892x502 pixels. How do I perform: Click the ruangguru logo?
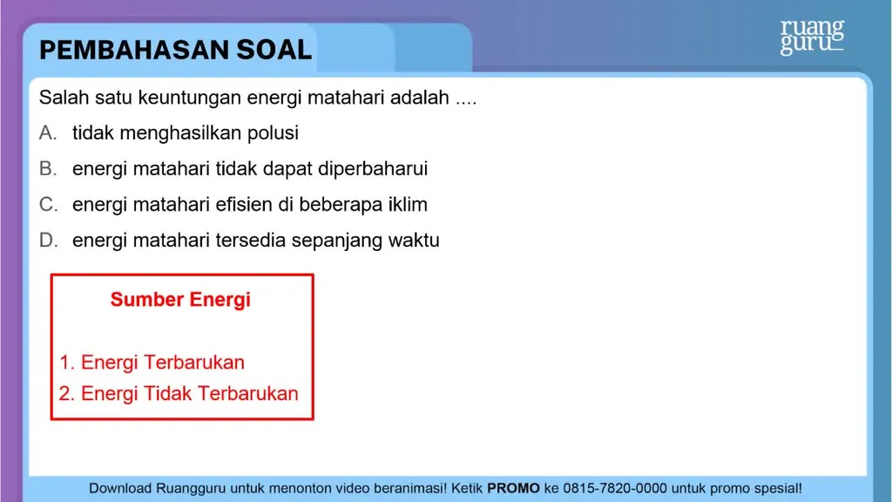(813, 37)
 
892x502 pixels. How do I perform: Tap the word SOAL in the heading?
(274, 50)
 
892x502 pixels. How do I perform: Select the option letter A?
(47, 133)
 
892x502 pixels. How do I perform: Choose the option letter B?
(47, 169)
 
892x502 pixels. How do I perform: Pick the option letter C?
(48, 204)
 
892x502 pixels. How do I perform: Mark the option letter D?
(48, 241)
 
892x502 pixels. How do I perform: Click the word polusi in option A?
(273, 133)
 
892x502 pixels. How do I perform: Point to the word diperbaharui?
(373, 169)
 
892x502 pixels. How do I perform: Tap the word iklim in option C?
(408, 204)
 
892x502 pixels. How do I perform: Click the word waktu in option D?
(414, 241)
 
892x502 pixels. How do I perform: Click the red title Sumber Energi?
(180, 300)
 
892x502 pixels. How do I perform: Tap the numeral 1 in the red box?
(64, 363)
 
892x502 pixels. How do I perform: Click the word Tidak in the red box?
(167, 394)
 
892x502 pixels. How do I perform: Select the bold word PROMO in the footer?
(513, 488)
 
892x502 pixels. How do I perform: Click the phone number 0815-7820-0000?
(615, 488)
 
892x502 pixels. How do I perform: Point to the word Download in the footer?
(120, 488)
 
